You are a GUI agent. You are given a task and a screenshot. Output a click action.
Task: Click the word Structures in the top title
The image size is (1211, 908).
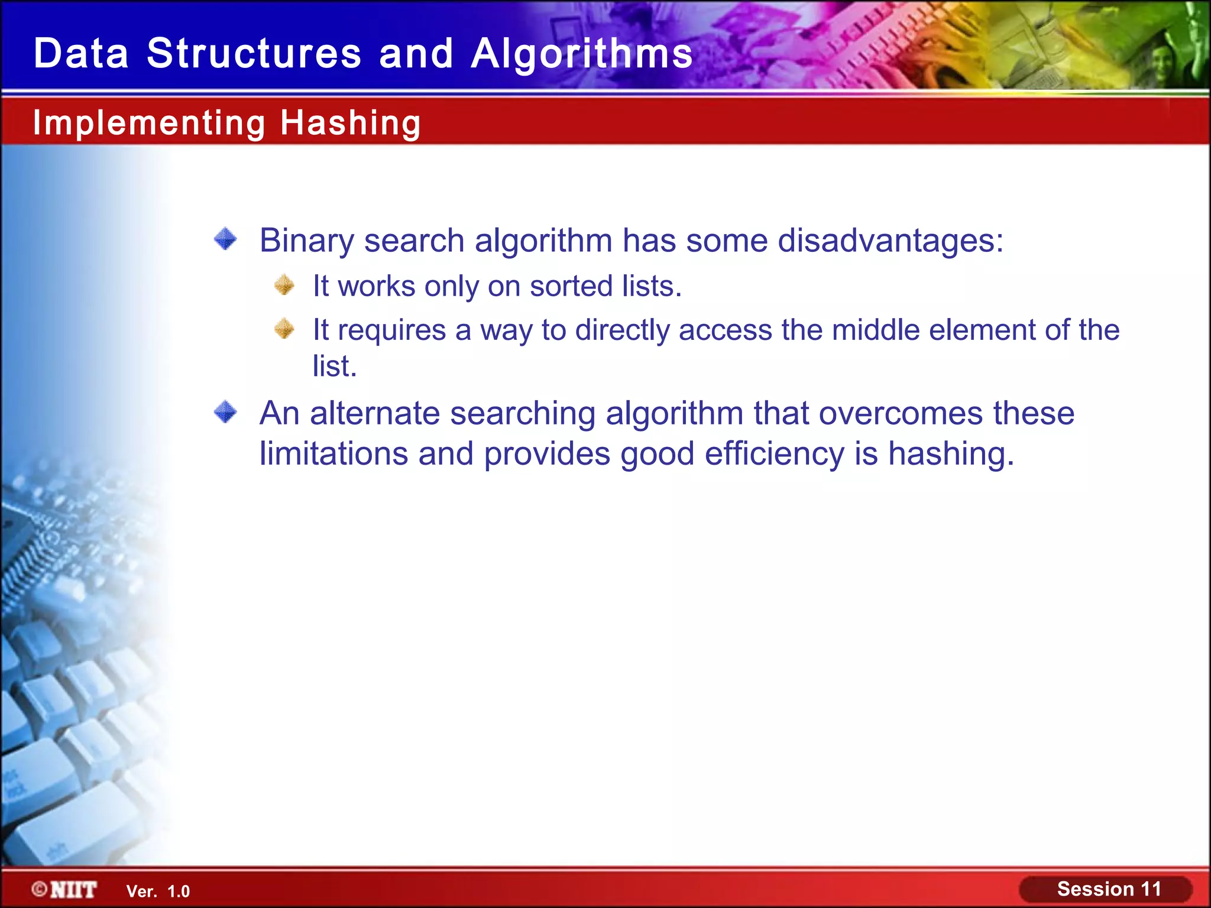pyautogui.click(x=254, y=54)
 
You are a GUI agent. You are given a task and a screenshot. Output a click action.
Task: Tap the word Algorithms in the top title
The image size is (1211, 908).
pyautogui.click(x=581, y=54)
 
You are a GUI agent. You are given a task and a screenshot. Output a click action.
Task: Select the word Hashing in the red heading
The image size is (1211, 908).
pyautogui.click(x=350, y=123)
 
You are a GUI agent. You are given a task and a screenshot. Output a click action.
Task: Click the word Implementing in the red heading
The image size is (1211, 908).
pyautogui.click(x=149, y=123)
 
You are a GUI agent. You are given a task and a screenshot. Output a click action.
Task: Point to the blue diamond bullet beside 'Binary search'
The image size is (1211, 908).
pyautogui.click(x=225, y=239)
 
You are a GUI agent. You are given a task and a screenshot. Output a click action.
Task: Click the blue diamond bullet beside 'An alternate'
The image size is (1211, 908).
pyautogui.click(x=225, y=412)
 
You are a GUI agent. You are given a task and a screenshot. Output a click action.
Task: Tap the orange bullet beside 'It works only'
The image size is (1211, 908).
pyautogui.click(x=284, y=286)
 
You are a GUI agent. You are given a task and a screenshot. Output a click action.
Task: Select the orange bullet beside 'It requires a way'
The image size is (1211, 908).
pyautogui.click(x=284, y=329)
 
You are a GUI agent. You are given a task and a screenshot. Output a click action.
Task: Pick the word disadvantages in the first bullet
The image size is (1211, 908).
pyautogui.click(x=890, y=241)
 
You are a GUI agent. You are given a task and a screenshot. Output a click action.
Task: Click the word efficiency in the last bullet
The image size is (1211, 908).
pyautogui.click(x=775, y=455)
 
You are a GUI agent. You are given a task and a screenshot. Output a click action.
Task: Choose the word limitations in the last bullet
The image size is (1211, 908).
pyautogui.click(x=333, y=454)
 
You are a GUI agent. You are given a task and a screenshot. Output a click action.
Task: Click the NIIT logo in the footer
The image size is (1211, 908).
pyautogui.click(x=73, y=890)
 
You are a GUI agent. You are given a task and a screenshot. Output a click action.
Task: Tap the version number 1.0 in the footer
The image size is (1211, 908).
pyautogui.click(x=179, y=891)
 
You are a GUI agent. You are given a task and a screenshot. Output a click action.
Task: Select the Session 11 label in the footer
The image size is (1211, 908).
pyautogui.click(x=1109, y=888)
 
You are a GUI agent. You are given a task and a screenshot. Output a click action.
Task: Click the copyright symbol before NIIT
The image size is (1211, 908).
pyautogui.click(x=40, y=889)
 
